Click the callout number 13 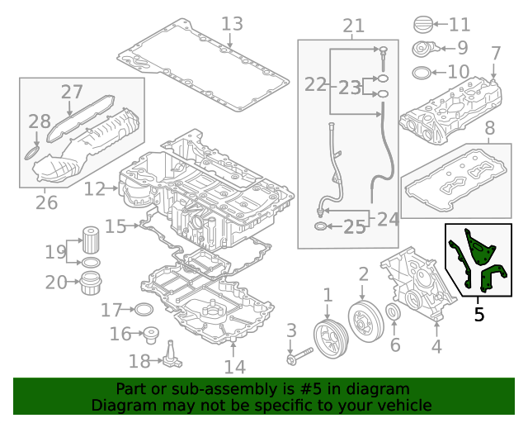coord(232,23)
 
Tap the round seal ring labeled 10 coord(421,72)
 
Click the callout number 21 coord(353,26)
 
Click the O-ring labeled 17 coord(143,310)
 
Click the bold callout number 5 coord(479,314)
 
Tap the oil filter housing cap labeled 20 coord(89,283)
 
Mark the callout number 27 coord(73,93)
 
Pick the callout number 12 coord(94,189)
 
